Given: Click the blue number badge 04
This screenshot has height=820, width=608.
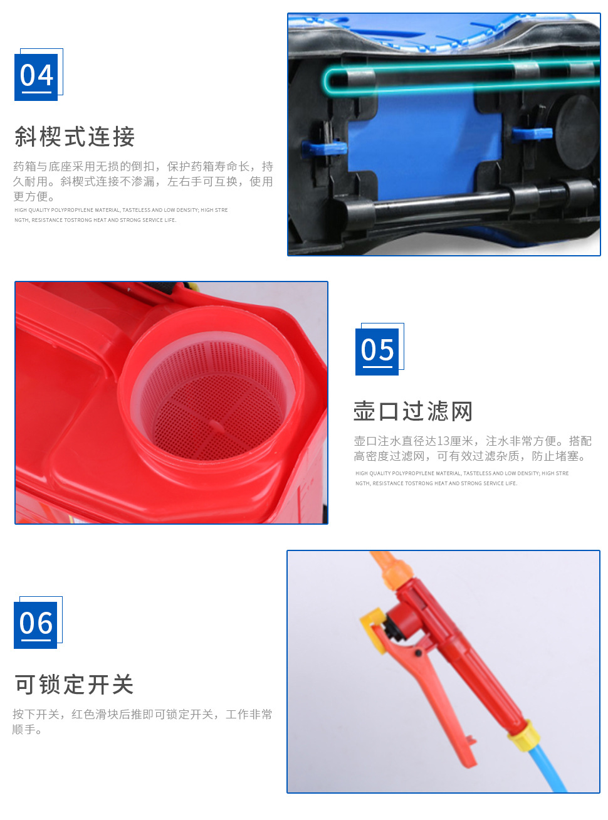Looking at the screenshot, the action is pyautogui.click(x=36, y=77).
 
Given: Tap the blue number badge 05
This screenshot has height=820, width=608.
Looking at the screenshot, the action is pyautogui.click(x=376, y=351).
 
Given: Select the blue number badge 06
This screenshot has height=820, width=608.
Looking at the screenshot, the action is pyautogui.click(x=35, y=624).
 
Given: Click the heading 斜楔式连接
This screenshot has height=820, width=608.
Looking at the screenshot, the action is pyautogui.click(x=75, y=137).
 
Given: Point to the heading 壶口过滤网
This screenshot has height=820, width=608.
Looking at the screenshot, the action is pyautogui.click(x=412, y=411).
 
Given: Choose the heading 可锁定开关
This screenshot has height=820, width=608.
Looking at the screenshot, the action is pyautogui.click(x=74, y=684).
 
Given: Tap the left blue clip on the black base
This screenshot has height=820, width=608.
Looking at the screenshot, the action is pyautogui.click(x=324, y=148).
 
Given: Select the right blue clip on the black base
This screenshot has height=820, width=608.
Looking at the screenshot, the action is pyautogui.click(x=532, y=134).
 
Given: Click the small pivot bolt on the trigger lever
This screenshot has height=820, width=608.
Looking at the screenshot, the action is pyautogui.click(x=419, y=653).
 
